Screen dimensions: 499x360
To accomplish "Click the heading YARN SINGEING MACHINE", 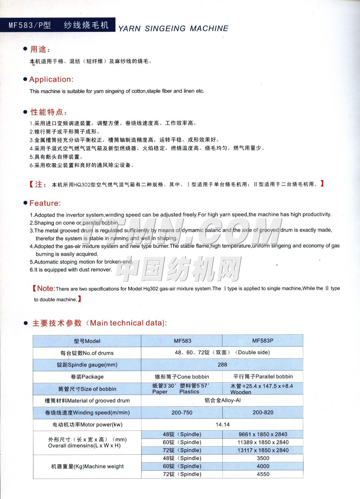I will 173,29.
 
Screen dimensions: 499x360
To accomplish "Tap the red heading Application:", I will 51,80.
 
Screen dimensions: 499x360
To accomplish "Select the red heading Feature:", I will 45,203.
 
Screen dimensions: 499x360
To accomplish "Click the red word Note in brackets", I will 46,288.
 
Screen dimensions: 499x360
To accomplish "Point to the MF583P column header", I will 263,341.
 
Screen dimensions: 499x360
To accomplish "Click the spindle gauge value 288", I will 222,365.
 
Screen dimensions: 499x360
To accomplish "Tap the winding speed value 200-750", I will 182,412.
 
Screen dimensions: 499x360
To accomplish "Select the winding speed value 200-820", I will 263,412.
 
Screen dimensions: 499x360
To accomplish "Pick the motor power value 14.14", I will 222,425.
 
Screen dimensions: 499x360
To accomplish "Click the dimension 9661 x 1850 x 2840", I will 263,435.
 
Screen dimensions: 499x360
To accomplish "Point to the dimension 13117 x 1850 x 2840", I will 263,450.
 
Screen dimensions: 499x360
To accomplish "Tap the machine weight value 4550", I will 263,474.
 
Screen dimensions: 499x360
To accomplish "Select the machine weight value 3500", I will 263,458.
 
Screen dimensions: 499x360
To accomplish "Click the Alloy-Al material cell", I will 222,401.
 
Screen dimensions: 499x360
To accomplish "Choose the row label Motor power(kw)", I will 87,425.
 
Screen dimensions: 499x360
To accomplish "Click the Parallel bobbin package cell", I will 263,377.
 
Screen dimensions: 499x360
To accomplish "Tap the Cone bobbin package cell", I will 182,377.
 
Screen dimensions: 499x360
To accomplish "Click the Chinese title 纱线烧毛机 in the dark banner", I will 86,25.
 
